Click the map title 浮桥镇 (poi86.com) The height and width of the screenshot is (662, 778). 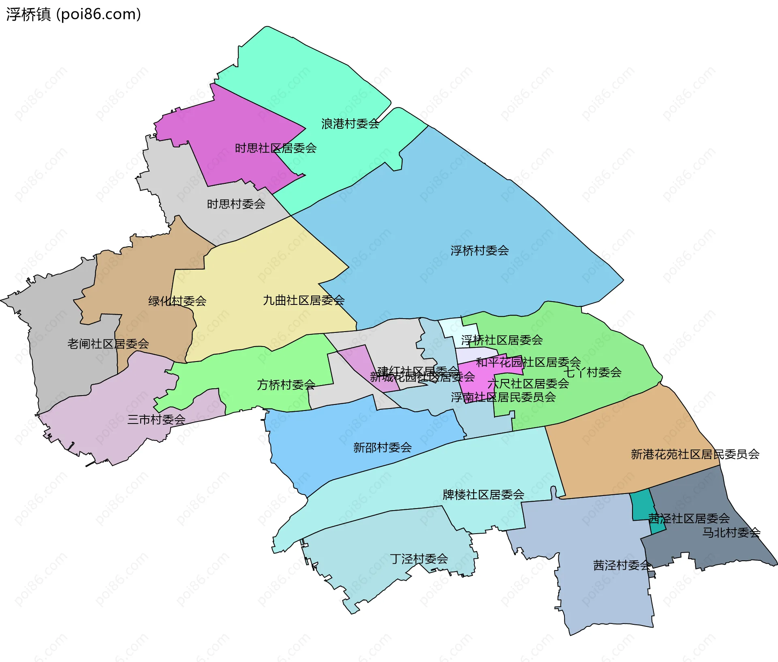click(73, 14)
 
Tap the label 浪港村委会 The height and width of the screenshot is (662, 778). click(350, 124)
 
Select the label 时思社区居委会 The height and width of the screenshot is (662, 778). click(276, 148)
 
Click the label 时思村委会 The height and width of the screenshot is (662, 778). click(236, 204)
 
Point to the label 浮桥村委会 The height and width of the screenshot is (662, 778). click(479, 251)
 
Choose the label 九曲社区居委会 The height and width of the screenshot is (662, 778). click(304, 300)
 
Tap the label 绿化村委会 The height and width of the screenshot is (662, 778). click(177, 301)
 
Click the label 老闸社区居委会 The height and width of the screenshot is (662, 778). click(108, 344)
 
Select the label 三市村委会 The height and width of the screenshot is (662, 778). click(156, 419)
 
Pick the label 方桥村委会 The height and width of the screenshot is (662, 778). click(286, 385)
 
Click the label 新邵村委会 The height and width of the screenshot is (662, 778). click(382, 447)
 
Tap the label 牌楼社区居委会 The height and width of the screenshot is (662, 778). click(483, 495)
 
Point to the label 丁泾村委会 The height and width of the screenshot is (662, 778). click(419, 559)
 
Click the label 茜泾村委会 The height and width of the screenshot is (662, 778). click(622, 565)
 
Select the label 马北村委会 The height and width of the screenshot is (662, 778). click(731, 532)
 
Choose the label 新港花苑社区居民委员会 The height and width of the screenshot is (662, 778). click(695, 454)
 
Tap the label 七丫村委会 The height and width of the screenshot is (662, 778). click(592, 373)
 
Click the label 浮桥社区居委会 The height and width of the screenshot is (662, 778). click(502, 340)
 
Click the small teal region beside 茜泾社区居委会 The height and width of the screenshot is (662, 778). click(641, 504)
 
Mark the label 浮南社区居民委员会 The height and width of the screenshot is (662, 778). click(503, 397)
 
